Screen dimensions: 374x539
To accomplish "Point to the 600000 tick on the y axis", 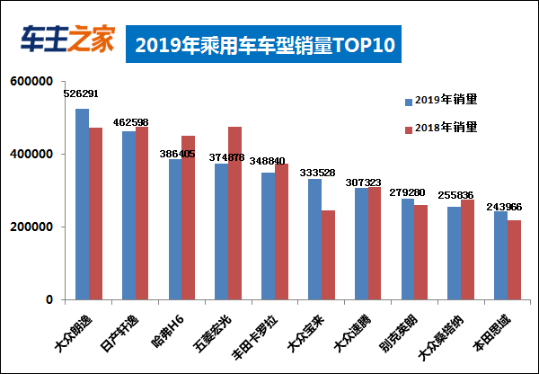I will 31,82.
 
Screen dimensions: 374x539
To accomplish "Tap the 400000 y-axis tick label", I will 31,155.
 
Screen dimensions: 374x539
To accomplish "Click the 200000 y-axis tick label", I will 31,227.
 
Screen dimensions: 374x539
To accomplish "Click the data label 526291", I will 82,93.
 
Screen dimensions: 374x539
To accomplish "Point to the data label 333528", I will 314,172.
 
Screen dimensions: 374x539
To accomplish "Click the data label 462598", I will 131,121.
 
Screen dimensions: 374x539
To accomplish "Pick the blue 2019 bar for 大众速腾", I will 360,244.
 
